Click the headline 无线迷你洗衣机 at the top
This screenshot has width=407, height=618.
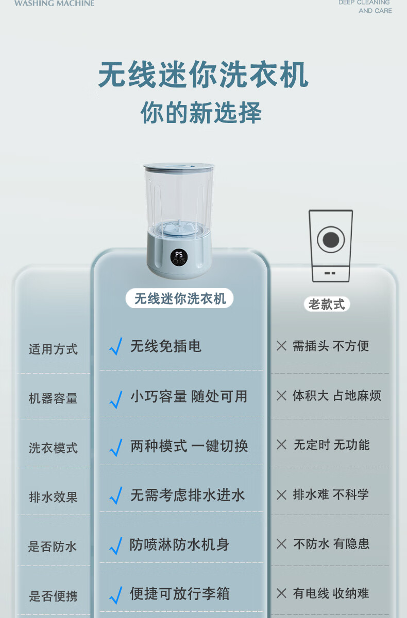tap(203, 75)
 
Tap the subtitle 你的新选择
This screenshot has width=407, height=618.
tap(201, 113)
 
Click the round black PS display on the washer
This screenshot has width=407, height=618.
tap(179, 257)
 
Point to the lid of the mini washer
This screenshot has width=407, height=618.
tap(179, 167)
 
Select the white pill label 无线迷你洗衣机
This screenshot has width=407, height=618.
tap(180, 298)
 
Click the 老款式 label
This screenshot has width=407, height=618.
tap(327, 304)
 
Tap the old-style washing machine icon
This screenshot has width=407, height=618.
tap(331, 246)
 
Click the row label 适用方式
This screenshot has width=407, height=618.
tap(53, 349)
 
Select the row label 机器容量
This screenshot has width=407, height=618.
tap(53, 399)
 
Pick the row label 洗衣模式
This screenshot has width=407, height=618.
tap(53, 448)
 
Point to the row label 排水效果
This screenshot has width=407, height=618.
tap(53, 497)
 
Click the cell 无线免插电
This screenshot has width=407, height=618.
tap(166, 346)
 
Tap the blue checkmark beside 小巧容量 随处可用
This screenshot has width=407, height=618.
tap(116, 399)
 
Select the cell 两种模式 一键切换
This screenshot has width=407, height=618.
tap(189, 446)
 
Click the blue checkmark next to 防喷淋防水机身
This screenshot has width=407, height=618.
tap(116, 546)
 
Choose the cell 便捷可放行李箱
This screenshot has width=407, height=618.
tap(180, 593)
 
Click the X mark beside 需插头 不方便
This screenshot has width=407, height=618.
tap(282, 346)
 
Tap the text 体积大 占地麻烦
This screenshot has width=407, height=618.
tap(337, 396)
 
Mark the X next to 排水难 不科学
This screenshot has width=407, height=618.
tap(282, 495)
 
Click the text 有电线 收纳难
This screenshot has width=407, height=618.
tap(331, 593)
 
